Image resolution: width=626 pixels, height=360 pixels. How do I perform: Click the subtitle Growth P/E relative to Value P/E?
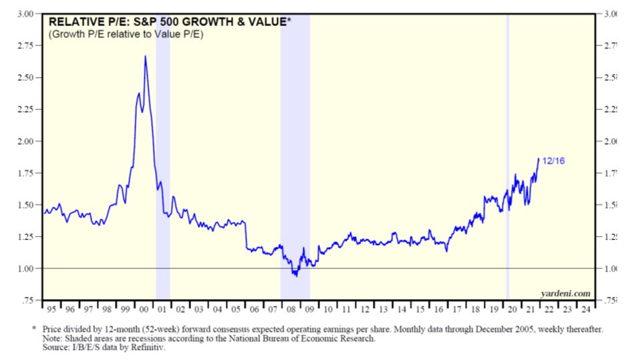[x=126, y=33]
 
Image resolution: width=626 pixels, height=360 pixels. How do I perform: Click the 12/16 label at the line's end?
[x=555, y=160]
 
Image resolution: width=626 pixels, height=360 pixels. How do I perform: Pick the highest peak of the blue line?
[x=146, y=56]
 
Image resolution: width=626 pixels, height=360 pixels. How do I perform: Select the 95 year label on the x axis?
[x=51, y=310]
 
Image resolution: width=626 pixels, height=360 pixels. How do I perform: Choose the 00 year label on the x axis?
[x=143, y=310]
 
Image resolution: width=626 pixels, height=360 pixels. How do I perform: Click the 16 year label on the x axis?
[x=437, y=310]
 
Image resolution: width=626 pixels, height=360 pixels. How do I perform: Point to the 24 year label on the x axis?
[x=585, y=310]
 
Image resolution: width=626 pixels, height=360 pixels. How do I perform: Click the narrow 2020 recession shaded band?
[x=508, y=167]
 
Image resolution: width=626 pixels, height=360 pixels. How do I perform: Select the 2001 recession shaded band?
[x=162, y=167]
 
